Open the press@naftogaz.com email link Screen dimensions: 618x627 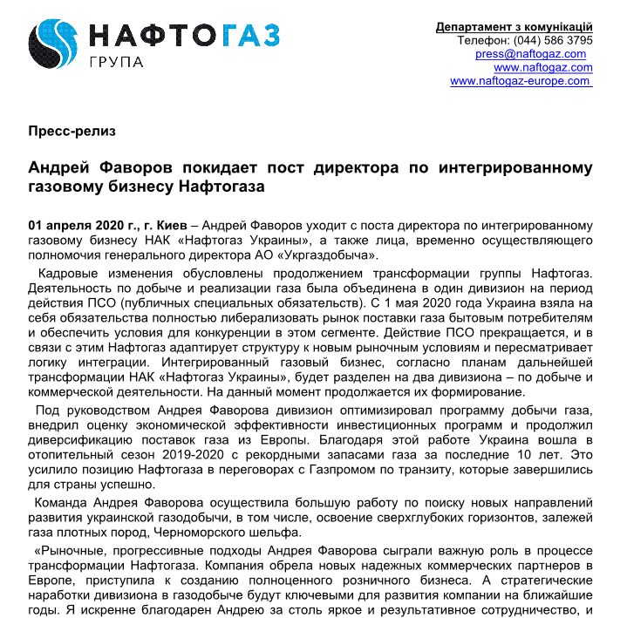(x=530, y=54)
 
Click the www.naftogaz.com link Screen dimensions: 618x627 (x=542, y=67)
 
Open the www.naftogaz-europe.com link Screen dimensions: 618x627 (x=521, y=81)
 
